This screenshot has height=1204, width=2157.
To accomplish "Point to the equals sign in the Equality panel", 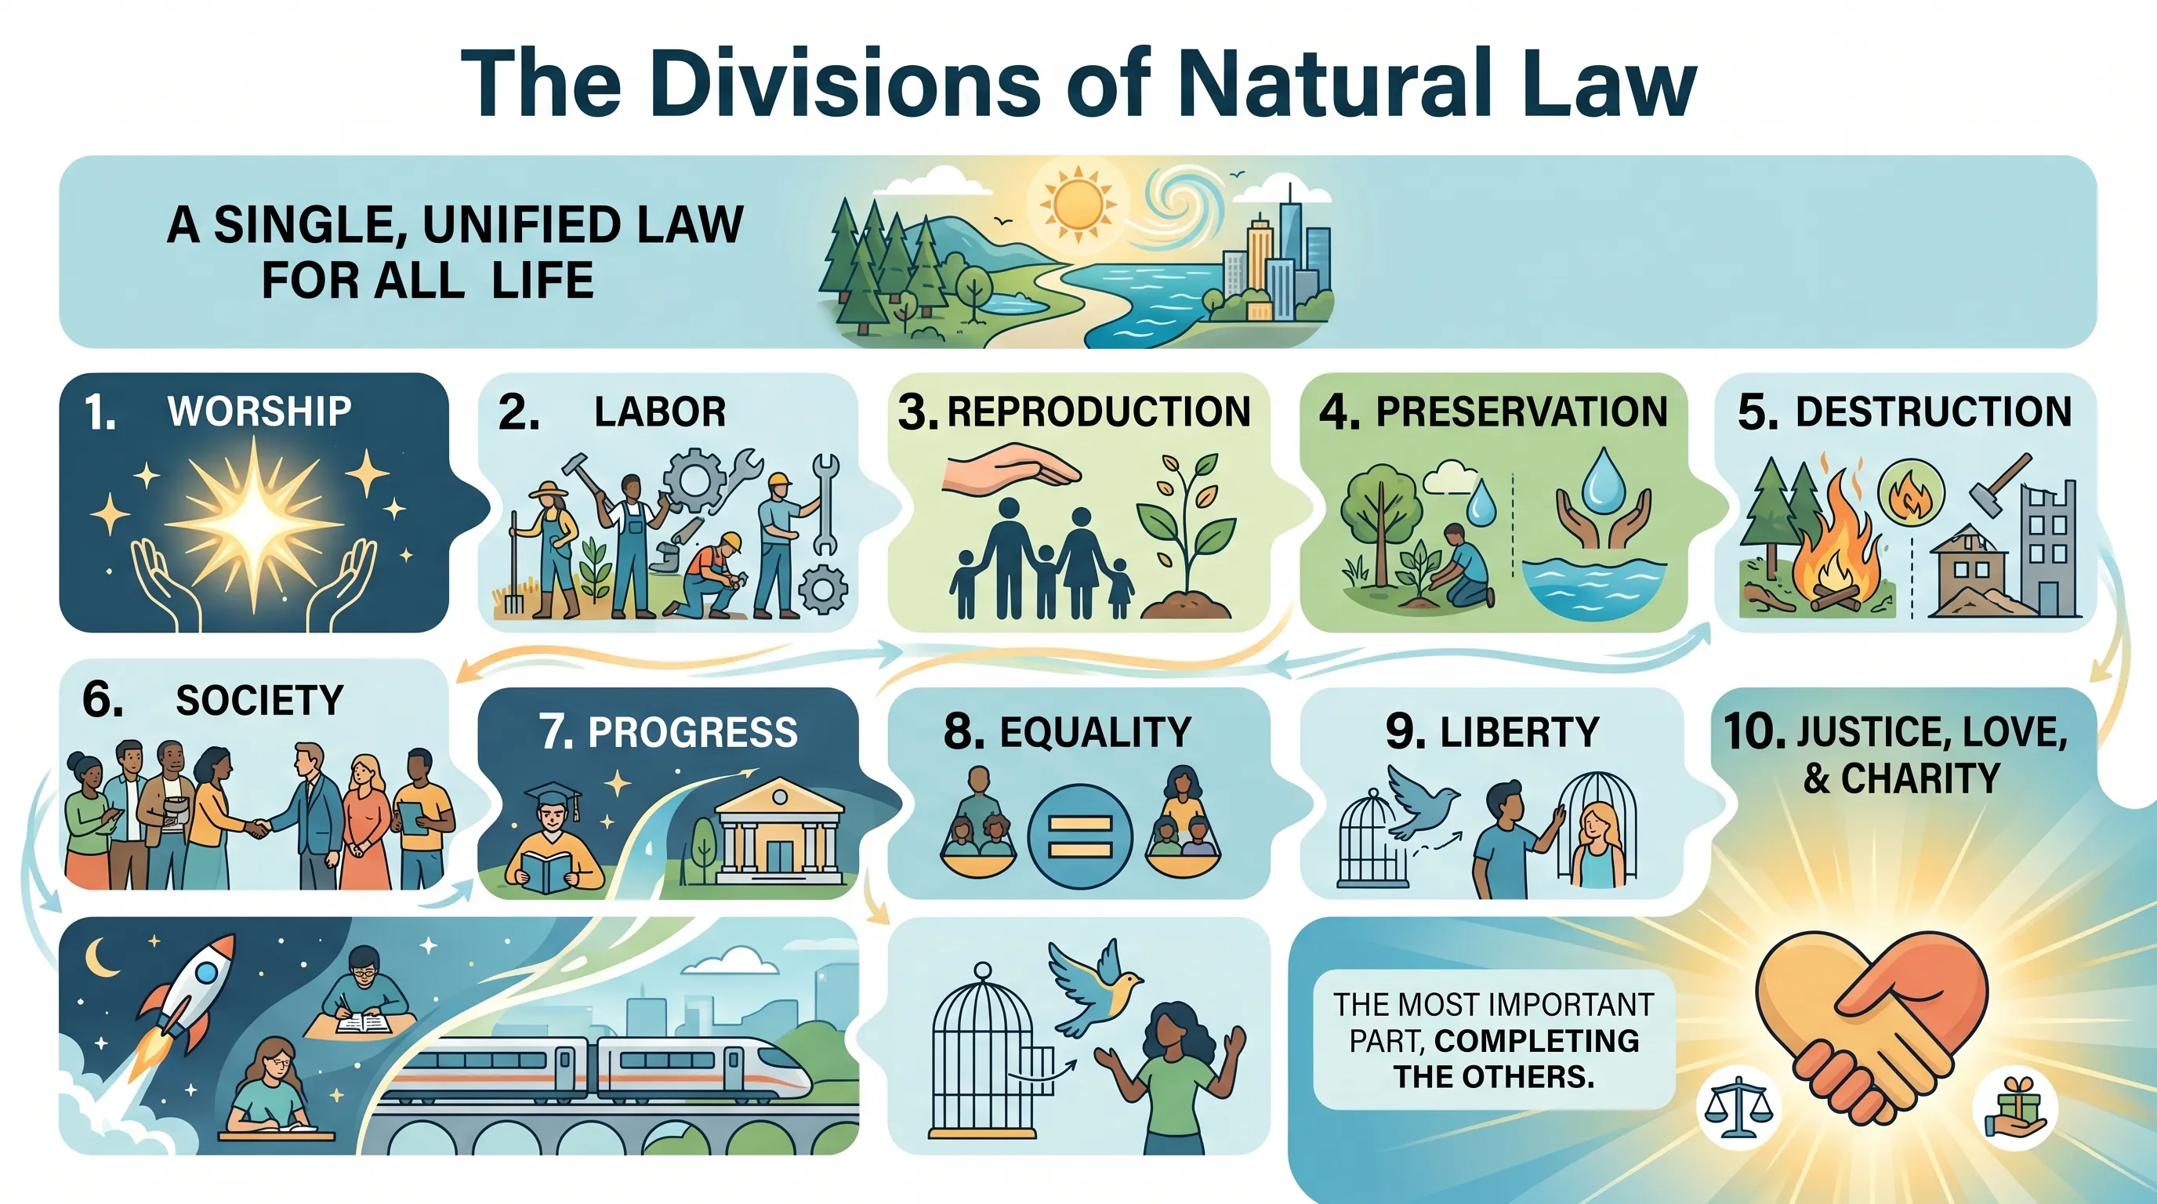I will [x=1079, y=836].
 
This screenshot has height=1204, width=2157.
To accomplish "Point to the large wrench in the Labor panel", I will [x=825, y=502].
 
